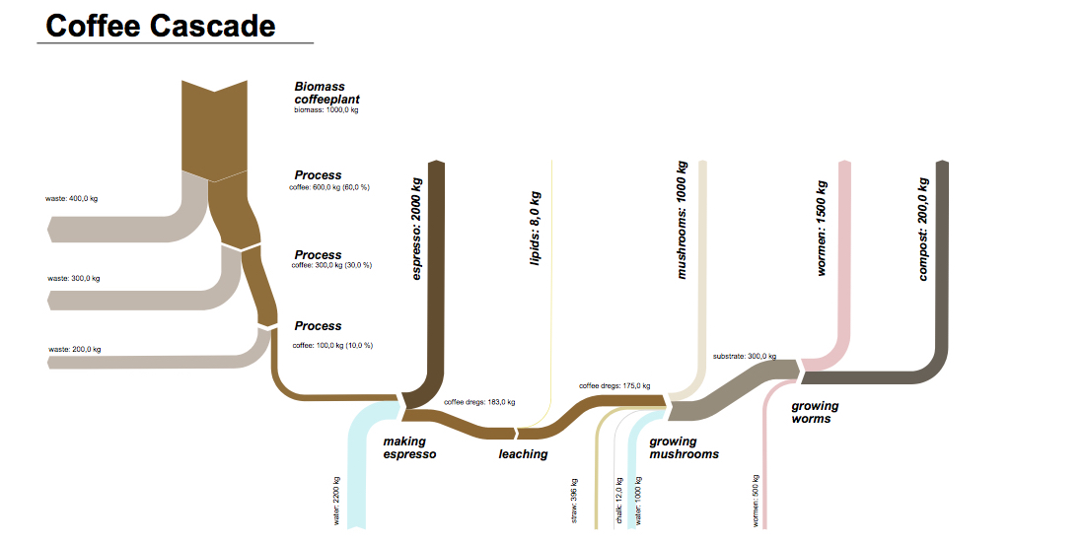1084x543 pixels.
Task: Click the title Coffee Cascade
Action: pyautogui.click(x=161, y=25)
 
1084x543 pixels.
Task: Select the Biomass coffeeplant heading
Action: pyautogui.click(x=326, y=93)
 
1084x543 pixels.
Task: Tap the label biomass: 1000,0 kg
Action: pyautogui.click(x=326, y=110)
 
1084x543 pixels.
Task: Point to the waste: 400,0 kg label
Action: pyautogui.click(x=71, y=199)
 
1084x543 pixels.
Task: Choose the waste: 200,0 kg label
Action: pyautogui.click(x=74, y=349)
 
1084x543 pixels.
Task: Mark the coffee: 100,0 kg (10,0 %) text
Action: pyautogui.click(x=332, y=345)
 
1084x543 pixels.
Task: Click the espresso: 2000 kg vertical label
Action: pyautogui.click(x=416, y=230)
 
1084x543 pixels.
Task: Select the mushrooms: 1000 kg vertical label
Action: pyautogui.click(x=681, y=221)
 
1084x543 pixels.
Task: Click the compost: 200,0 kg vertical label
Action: pyautogui.click(x=923, y=229)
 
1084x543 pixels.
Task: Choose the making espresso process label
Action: pyautogui.click(x=408, y=447)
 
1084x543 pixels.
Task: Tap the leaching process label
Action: pyautogui.click(x=523, y=454)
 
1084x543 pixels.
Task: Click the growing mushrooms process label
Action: pyautogui.click(x=684, y=447)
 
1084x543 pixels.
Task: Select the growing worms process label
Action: pyautogui.click(x=815, y=412)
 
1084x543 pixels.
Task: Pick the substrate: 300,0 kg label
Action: pyautogui.click(x=744, y=356)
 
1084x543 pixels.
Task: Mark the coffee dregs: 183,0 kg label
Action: pyautogui.click(x=479, y=402)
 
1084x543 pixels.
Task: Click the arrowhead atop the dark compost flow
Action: pyautogui.click(x=942, y=164)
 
